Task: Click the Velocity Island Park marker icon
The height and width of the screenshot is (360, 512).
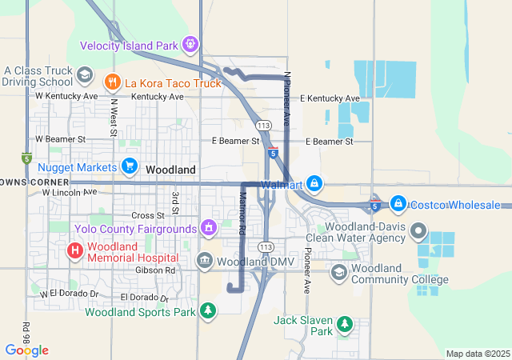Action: [x=190, y=44]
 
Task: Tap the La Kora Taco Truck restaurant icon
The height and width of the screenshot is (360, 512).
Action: [x=112, y=81]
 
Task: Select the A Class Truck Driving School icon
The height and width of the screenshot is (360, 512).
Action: [x=84, y=75]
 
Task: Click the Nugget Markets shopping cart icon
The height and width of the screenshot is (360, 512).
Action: [x=129, y=166]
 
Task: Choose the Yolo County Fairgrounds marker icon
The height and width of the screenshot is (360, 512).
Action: [x=209, y=228]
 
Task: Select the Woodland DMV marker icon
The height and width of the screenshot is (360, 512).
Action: [x=204, y=261]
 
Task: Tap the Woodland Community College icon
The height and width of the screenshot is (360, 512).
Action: [x=339, y=273]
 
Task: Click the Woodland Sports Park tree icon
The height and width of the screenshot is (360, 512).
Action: [x=208, y=310]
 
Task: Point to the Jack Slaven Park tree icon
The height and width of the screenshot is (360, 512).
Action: [x=344, y=324]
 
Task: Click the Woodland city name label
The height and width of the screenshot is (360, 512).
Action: [x=171, y=170]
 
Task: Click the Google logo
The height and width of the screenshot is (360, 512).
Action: [x=27, y=350]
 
